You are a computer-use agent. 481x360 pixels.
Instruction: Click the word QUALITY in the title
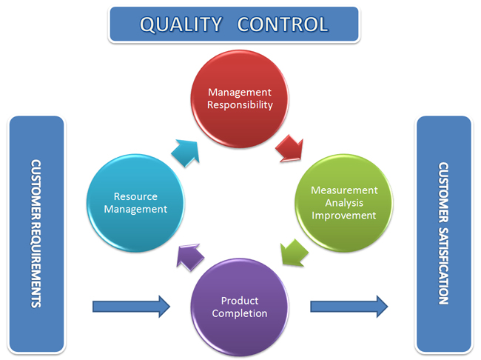pos(181,24)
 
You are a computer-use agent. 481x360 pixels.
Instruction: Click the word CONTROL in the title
pos(283,24)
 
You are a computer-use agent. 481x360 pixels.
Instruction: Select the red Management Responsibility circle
pos(240,99)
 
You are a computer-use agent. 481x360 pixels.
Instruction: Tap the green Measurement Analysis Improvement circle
pos(343,203)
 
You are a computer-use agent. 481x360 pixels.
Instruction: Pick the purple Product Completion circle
pos(240,307)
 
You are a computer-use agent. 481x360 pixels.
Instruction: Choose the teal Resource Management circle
pos(135,203)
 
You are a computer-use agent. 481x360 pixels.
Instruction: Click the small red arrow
pos(290,149)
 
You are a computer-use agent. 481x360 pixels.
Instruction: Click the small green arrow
pos(294,253)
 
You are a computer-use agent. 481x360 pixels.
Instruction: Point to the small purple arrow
pos(190,257)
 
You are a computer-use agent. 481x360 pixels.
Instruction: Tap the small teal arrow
pos(186,153)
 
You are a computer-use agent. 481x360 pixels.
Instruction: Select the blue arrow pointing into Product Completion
pos(131,307)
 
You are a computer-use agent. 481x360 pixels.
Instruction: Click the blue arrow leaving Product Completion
pos(349,307)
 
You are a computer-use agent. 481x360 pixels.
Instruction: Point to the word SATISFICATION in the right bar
pos(443,266)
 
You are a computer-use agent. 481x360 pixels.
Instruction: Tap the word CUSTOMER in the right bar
pos(443,193)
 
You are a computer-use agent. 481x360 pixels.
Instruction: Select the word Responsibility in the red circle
pos(240,105)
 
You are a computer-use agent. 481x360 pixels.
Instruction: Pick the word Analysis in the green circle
pos(344,203)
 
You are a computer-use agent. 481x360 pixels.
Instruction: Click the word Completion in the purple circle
pos(240,313)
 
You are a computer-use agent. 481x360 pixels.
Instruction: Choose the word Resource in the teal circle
pos(135,196)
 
